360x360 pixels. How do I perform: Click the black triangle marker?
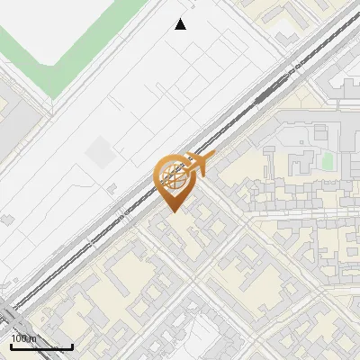(x=181, y=24)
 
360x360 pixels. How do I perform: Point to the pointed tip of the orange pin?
(x=173, y=211)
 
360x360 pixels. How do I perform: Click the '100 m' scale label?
(x=24, y=338)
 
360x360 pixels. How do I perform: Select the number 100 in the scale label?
(x=20, y=338)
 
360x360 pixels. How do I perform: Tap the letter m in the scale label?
(x=33, y=338)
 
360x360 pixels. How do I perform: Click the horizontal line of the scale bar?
(x=41, y=346)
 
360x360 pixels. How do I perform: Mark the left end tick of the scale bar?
(x=11, y=345)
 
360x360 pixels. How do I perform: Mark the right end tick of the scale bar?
(x=72, y=345)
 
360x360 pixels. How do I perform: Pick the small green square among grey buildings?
(x=328, y=160)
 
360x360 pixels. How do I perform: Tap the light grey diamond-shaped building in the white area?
(x=101, y=155)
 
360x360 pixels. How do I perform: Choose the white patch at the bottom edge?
(x=202, y=342)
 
